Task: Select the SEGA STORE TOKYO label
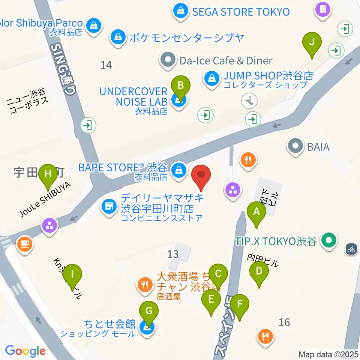click(241, 12)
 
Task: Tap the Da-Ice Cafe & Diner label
click(226, 60)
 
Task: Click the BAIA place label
click(318, 147)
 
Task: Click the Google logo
click(25, 351)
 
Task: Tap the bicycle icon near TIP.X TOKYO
click(351, 249)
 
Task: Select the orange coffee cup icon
click(25, 245)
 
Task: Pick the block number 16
click(285, 322)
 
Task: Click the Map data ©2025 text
click(328, 354)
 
